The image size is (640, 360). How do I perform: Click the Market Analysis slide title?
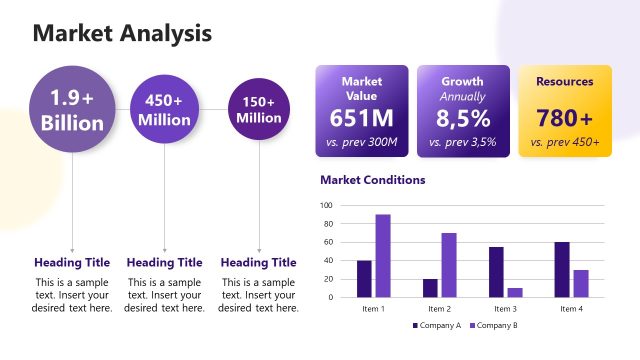coord(122,33)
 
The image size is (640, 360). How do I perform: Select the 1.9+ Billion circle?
coord(72,110)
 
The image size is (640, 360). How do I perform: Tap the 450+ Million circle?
coord(164,109)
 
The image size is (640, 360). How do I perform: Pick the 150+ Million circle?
coord(259,109)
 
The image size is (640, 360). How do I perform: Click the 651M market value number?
coord(361,118)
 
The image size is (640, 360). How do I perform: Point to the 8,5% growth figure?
coord(463,119)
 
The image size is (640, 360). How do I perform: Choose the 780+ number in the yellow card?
coord(564,118)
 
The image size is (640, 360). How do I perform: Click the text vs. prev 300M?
coord(361,142)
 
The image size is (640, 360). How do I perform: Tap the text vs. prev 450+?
coord(564,142)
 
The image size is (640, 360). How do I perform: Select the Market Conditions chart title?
coord(372,180)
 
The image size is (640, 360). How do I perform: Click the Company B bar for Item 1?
coord(383,256)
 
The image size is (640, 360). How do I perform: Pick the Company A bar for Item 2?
coord(430,288)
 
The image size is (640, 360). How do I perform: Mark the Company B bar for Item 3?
coord(515,292)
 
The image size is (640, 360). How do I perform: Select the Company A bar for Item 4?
coord(562,270)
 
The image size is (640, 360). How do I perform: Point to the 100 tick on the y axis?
coord(326,205)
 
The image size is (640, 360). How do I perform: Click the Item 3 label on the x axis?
coord(506,309)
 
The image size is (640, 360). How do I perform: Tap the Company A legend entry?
coord(436,326)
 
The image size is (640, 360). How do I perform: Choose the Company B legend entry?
coord(494,326)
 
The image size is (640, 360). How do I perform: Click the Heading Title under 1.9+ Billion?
coord(72,262)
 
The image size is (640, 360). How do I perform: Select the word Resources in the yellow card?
coord(564,82)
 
